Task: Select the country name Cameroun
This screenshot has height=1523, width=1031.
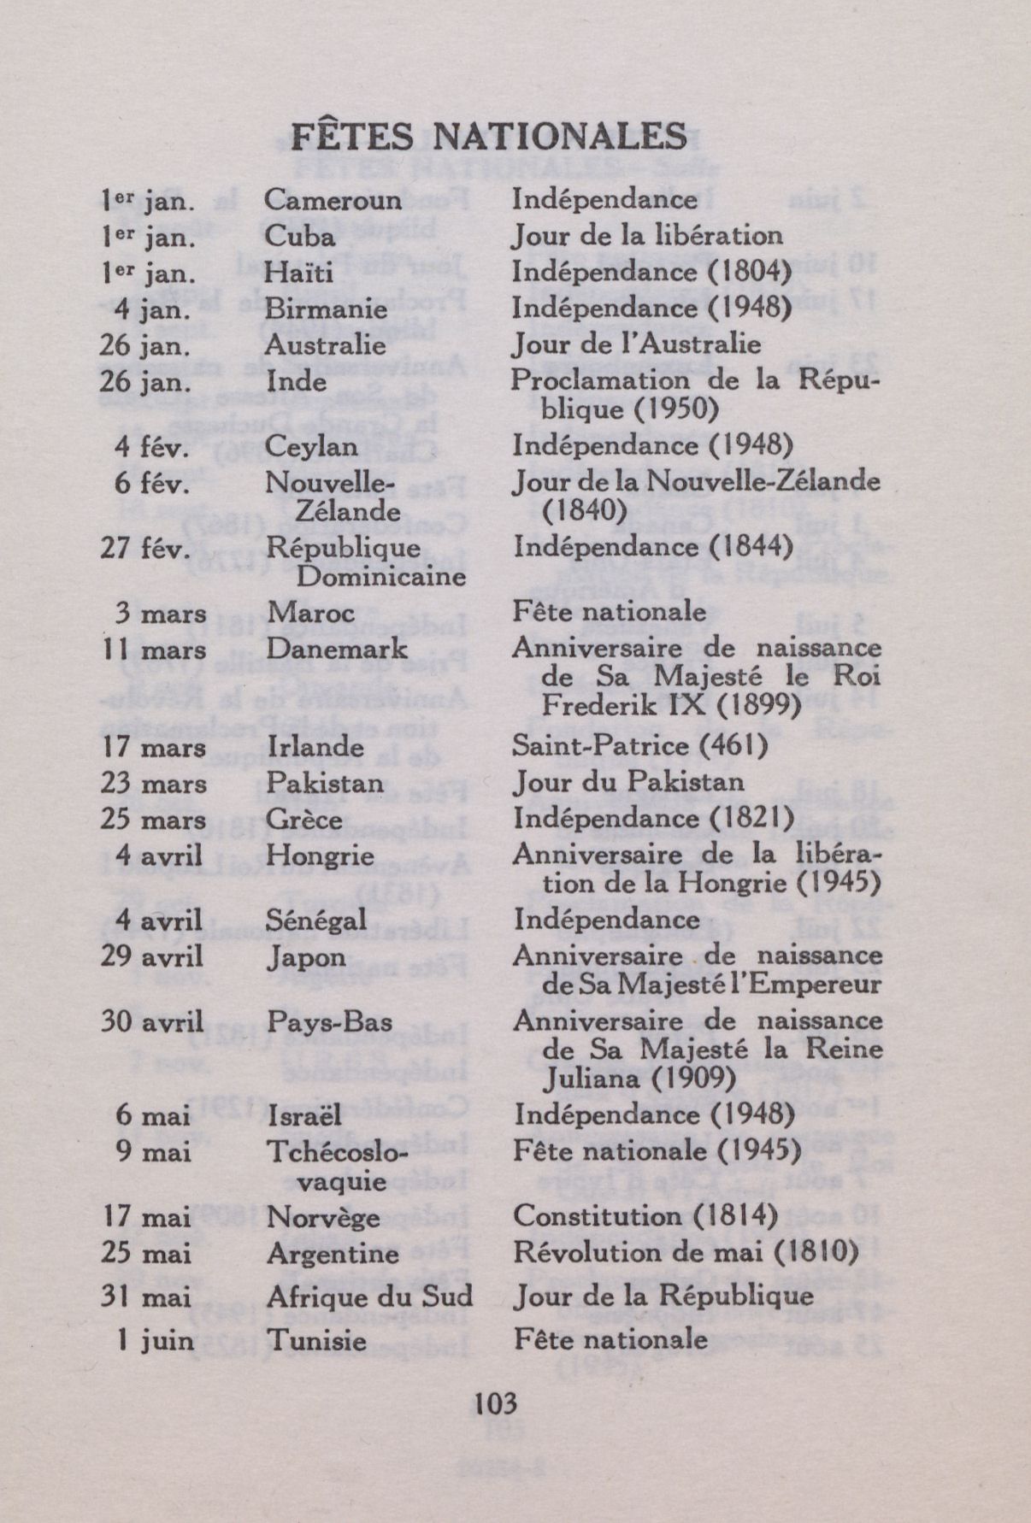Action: click(x=333, y=199)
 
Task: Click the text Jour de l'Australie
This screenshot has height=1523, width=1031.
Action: click(x=635, y=344)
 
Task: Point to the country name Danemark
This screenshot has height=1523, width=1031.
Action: click(x=338, y=650)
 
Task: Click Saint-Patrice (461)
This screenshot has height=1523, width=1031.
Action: click(x=639, y=746)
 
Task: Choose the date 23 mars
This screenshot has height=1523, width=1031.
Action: click(x=153, y=783)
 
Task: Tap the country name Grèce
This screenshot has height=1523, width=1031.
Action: click(x=304, y=819)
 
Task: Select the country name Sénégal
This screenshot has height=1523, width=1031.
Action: click(x=316, y=920)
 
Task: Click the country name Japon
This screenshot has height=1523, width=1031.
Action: click(x=306, y=956)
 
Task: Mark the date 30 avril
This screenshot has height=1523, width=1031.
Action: click(x=151, y=1021)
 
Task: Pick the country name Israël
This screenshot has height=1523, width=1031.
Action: click(x=304, y=1114)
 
